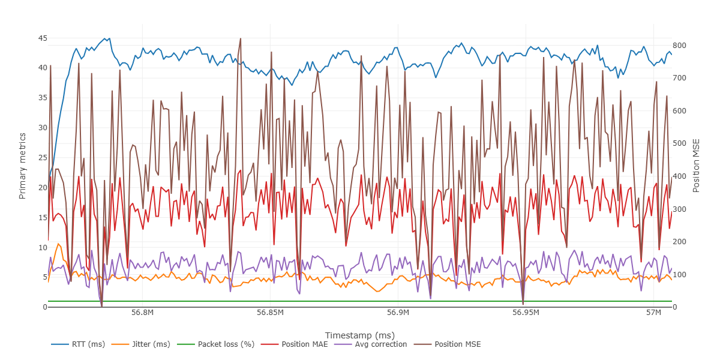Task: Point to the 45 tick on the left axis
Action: tap(42, 38)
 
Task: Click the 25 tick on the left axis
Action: tap(42, 158)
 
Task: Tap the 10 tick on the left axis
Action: tap(42, 247)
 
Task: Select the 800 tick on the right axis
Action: tap(680, 46)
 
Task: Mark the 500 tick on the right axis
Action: tap(680, 144)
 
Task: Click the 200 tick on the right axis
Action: tap(680, 242)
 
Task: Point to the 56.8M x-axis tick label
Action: tap(142, 313)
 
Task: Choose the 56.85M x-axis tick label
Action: tap(270, 313)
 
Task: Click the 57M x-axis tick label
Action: tap(653, 313)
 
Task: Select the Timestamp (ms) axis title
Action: tap(359, 335)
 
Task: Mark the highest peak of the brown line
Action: tap(241, 38)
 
